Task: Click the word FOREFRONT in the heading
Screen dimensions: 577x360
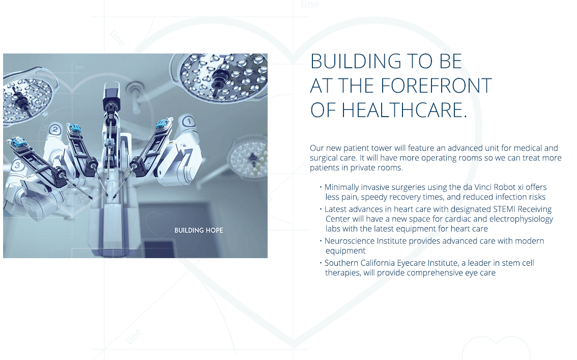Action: click(x=436, y=86)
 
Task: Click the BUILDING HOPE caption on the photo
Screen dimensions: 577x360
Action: click(x=199, y=231)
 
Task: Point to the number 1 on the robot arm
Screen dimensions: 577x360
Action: click(x=189, y=122)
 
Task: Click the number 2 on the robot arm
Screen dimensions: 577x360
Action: click(x=55, y=129)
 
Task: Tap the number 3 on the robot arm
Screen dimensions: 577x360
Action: click(x=17, y=165)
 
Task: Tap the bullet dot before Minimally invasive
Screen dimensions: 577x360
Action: click(x=321, y=187)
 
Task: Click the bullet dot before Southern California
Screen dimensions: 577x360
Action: click(x=321, y=263)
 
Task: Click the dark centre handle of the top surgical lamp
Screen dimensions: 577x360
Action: click(x=220, y=76)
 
